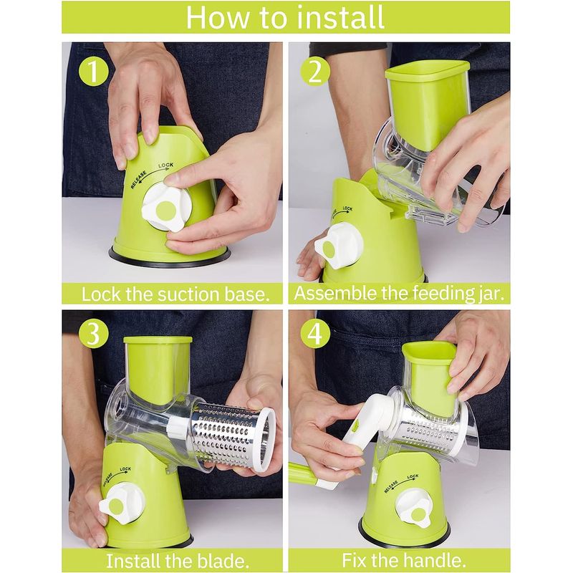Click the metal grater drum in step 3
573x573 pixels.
point(233,434)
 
